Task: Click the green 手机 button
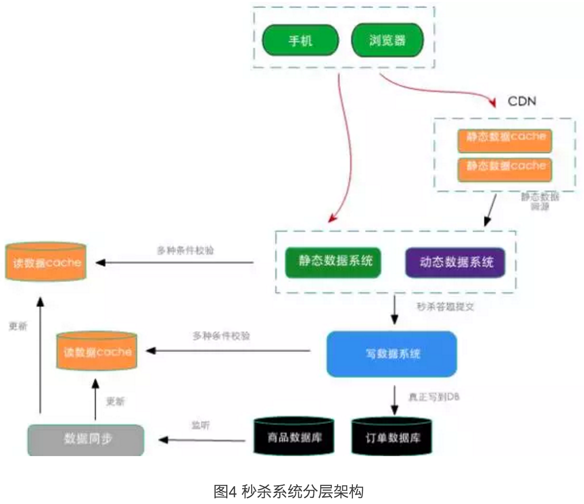pos(300,40)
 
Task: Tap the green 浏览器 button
pos(387,40)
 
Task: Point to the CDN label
pos(522,101)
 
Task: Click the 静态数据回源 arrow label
pos(540,201)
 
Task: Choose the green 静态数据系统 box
pos(333,262)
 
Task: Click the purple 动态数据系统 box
pos(456,262)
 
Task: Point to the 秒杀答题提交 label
pos(445,307)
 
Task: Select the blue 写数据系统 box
pos(392,354)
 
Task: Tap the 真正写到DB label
pos(433,397)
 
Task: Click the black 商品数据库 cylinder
pos(294,436)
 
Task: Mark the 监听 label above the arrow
pos(200,425)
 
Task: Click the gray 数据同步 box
pos(86,439)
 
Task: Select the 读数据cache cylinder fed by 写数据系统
pos(97,352)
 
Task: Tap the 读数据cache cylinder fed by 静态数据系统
pos(46,262)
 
